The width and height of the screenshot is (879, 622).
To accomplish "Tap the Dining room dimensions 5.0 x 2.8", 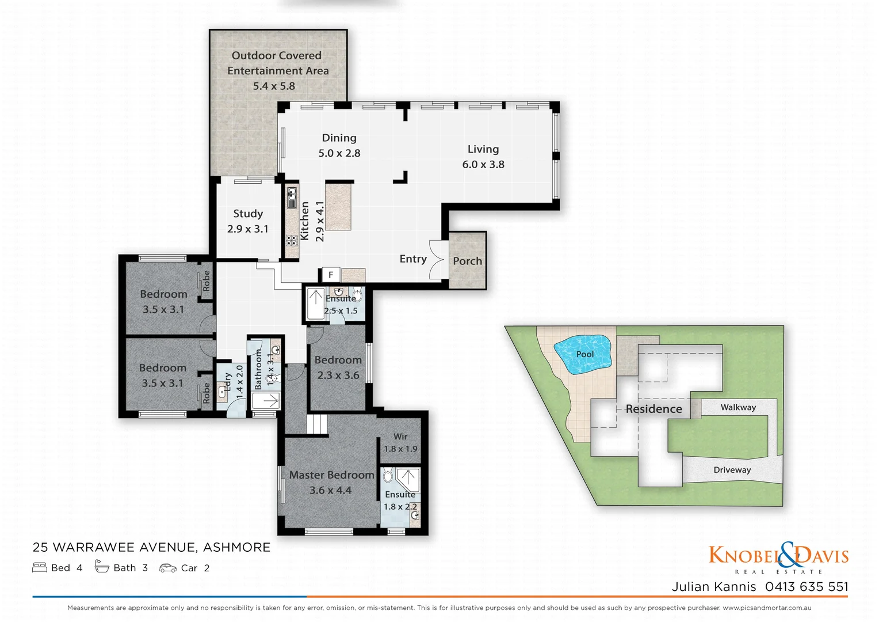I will (x=339, y=153).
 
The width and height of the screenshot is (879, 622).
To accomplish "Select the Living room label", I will (x=483, y=149).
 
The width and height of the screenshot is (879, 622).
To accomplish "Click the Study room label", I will (x=248, y=214).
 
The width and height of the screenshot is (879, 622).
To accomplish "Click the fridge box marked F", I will (x=331, y=275).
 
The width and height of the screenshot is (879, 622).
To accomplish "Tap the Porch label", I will (x=467, y=261).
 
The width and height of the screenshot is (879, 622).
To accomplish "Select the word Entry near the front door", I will (x=413, y=259).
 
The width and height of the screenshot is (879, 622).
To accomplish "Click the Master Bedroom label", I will (x=331, y=475).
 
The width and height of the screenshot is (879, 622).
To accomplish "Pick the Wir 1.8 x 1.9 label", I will (x=400, y=443).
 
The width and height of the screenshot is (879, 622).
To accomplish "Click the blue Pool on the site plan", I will (x=582, y=354).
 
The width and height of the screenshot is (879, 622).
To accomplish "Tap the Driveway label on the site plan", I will (x=732, y=470).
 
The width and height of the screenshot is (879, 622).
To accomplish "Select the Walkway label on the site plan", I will (x=738, y=408).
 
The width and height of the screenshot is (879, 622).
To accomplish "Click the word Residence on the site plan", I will (x=653, y=409).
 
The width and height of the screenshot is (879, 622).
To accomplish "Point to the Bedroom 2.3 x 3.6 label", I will (x=338, y=367).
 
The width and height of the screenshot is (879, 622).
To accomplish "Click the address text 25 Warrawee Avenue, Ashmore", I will (x=151, y=547).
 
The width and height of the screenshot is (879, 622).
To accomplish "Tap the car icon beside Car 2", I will (x=167, y=568).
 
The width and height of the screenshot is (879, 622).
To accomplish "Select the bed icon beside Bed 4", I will (x=40, y=568).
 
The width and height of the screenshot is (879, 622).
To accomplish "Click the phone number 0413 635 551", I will (x=807, y=587).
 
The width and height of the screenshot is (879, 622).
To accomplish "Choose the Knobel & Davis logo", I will (x=778, y=557).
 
